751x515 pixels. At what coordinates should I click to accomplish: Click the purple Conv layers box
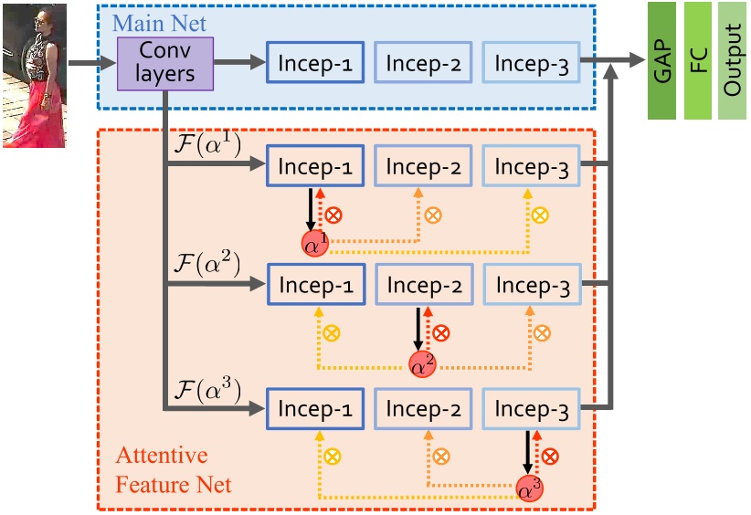tap(164, 64)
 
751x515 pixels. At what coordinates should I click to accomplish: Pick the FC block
tap(697, 61)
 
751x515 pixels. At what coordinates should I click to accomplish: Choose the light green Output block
tap(731, 61)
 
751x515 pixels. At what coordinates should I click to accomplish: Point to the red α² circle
tap(422, 363)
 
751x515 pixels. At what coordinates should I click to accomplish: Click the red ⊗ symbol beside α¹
tap(334, 215)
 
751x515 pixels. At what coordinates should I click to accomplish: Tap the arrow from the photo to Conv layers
tap(91, 64)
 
